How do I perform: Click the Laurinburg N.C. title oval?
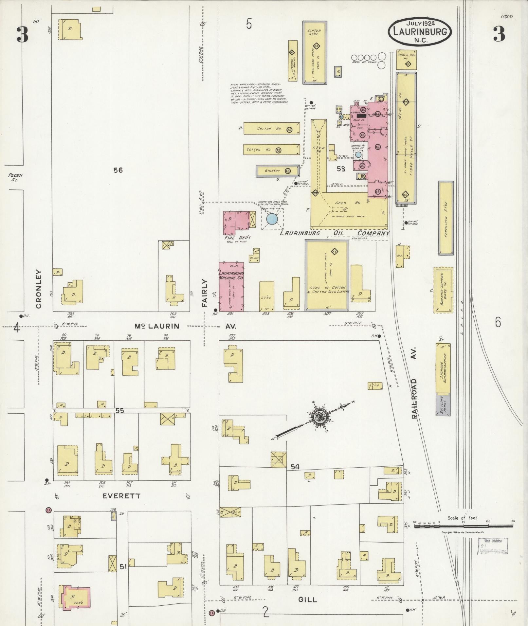point(420,32)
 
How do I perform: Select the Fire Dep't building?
point(236,224)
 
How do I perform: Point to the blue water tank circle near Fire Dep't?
point(272,219)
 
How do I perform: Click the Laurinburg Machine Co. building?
point(231,286)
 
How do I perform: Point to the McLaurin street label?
point(157,326)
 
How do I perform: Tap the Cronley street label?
point(39,289)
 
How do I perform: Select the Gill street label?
point(308,599)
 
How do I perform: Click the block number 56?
point(118,170)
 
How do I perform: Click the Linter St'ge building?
point(315,52)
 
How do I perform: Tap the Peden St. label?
point(15,177)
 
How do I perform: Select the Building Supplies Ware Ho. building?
point(444,290)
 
